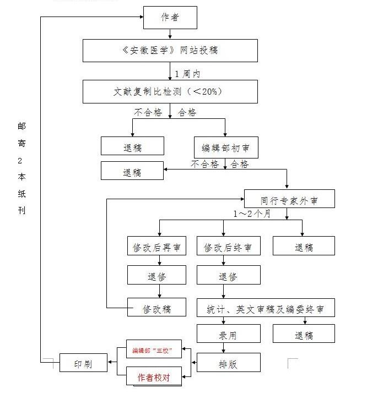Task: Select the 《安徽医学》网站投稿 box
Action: pos(170,50)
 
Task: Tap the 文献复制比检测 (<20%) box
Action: pos(170,91)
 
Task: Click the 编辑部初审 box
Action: pos(226,146)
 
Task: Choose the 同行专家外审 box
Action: pos(289,198)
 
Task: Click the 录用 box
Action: pos(228,334)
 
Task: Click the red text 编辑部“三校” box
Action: pos(153,350)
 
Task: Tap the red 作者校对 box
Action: pos(153,377)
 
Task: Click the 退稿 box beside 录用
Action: pos(304,334)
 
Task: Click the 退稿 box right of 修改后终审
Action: pos(304,246)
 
